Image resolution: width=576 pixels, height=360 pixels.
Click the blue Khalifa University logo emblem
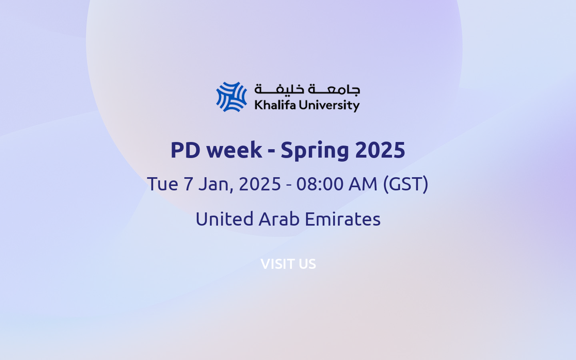click(x=232, y=97)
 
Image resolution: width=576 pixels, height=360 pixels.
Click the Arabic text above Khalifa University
click(x=307, y=89)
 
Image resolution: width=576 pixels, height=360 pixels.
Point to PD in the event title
click(x=185, y=150)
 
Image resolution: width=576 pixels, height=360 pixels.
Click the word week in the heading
click(x=234, y=150)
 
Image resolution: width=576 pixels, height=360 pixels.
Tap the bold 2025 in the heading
click(x=380, y=150)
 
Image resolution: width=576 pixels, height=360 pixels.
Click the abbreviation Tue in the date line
click(x=162, y=184)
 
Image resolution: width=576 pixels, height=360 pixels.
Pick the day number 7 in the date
click(x=188, y=184)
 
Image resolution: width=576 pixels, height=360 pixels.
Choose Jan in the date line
click(x=215, y=184)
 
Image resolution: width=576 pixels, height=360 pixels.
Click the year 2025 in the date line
click(x=260, y=184)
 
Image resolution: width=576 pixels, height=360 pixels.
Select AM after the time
click(x=363, y=184)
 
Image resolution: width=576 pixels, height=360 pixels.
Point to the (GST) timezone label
click(x=406, y=184)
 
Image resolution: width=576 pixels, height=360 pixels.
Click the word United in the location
click(x=224, y=219)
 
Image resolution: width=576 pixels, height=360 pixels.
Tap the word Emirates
click(x=342, y=219)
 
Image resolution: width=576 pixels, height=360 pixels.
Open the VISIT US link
click(x=288, y=264)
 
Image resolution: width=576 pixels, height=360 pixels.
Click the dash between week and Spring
click(x=271, y=151)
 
